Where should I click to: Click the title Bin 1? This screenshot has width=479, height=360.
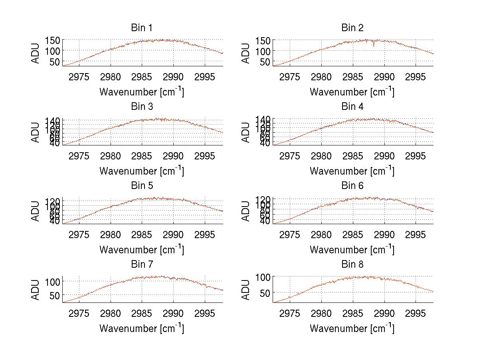pyautogui.click(x=141, y=28)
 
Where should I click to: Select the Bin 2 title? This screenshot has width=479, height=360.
pyautogui.click(x=352, y=28)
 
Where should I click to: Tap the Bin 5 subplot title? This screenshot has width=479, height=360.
pyautogui.click(x=141, y=186)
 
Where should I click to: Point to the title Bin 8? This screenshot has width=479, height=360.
pyautogui.click(x=352, y=265)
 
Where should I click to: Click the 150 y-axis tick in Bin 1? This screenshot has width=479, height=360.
pyautogui.click(x=53, y=40)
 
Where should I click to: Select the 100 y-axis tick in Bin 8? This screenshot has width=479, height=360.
pyautogui.click(x=263, y=276)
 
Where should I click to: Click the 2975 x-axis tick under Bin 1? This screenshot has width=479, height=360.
pyautogui.click(x=79, y=77)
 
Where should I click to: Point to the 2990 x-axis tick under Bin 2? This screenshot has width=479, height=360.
pyautogui.click(x=384, y=77)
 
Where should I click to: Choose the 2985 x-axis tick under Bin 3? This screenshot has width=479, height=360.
pyautogui.click(x=142, y=155)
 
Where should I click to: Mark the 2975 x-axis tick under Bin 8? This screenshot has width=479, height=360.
pyautogui.click(x=289, y=313)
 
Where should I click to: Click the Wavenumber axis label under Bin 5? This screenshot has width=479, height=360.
pyautogui.click(x=141, y=250)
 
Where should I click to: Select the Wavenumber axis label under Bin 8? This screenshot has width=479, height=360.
pyautogui.click(x=352, y=328)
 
